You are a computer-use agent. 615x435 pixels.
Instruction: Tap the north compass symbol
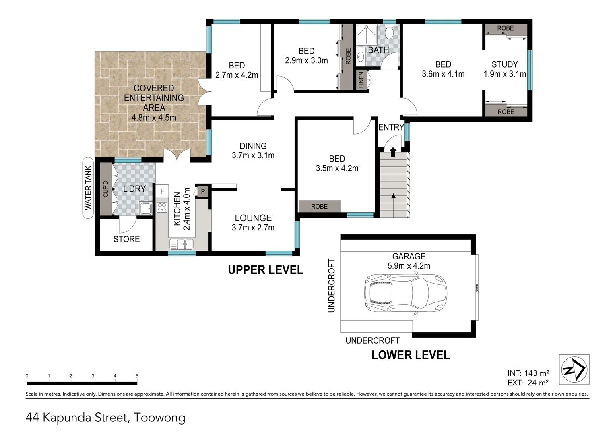(x=574, y=369)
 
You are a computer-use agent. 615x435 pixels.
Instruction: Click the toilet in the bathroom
(x=389, y=32)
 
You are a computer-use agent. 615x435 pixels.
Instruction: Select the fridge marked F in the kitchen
(x=162, y=191)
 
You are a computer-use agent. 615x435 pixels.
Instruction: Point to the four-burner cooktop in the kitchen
(x=162, y=207)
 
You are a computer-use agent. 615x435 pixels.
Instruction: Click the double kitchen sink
(x=182, y=244)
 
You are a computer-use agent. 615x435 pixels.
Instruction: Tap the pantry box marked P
(x=203, y=191)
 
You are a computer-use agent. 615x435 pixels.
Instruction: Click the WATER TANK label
(x=88, y=188)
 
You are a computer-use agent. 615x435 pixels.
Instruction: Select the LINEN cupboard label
(x=361, y=80)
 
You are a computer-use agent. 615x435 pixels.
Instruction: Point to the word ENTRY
(x=391, y=127)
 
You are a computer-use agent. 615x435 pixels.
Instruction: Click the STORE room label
(x=126, y=239)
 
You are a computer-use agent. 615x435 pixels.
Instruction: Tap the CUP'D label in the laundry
(x=106, y=188)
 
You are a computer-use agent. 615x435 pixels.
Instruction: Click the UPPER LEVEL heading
(x=266, y=270)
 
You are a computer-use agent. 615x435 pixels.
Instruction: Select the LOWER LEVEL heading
(x=411, y=355)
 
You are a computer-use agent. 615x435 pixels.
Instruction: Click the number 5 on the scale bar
(x=137, y=376)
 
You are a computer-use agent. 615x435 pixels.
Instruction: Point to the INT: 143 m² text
(x=528, y=373)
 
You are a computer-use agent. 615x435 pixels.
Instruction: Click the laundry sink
(x=146, y=209)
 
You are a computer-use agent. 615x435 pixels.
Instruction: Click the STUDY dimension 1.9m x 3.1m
(x=505, y=74)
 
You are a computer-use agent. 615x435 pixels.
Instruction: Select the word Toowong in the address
(x=159, y=418)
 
